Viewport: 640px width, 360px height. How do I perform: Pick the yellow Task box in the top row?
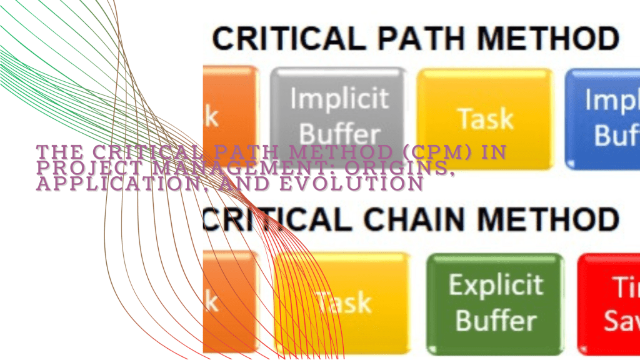[485, 117]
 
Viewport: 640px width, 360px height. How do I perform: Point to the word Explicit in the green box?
[495, 285]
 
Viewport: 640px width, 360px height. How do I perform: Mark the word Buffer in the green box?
[495, 321]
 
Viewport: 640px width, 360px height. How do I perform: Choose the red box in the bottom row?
[609, 303]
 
